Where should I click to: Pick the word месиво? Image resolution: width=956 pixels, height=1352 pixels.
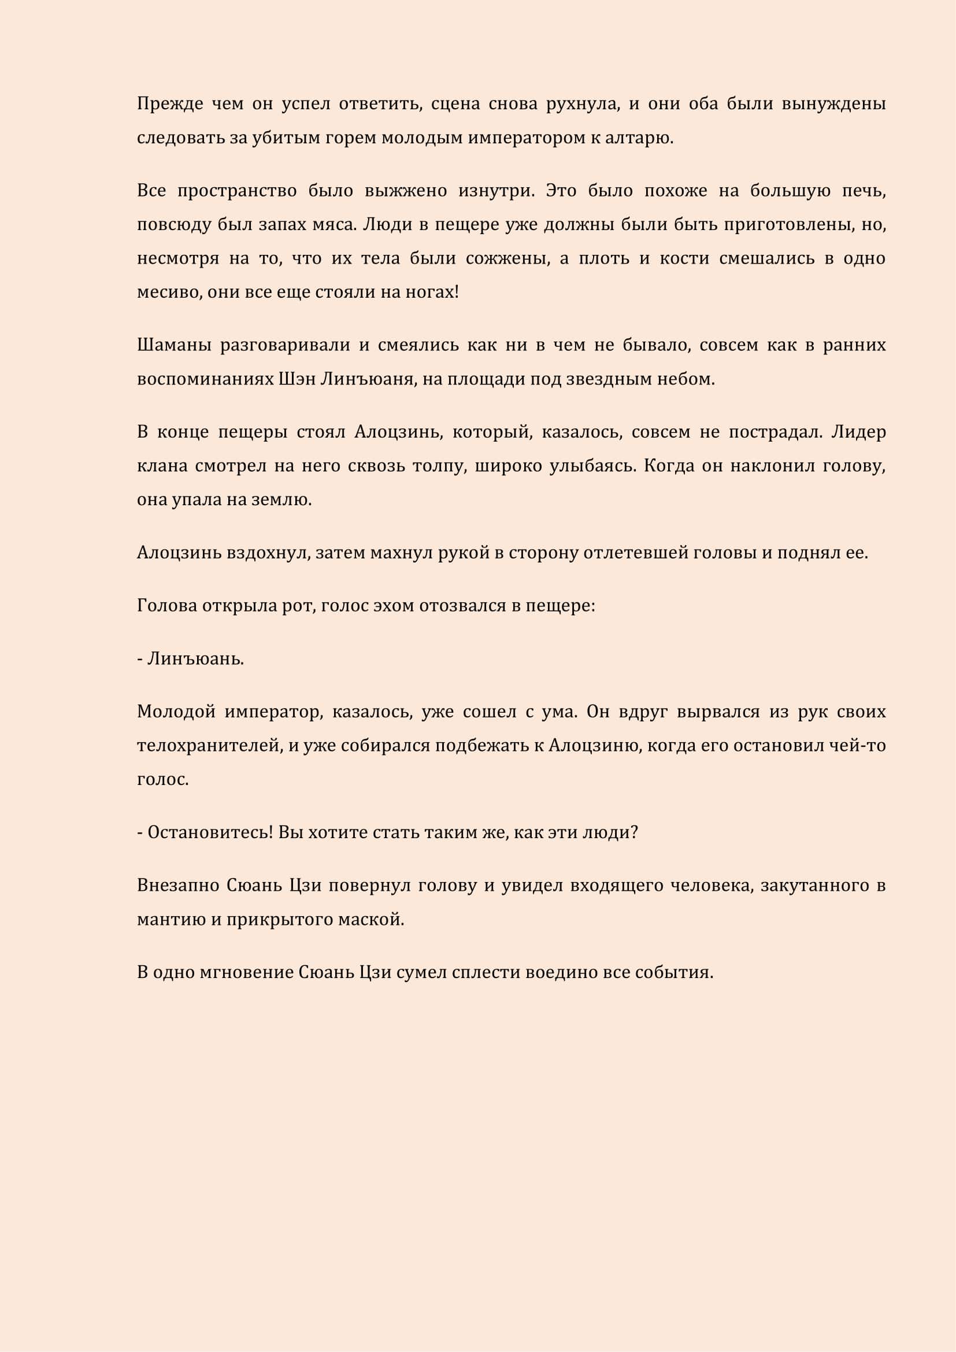[x=169, y=292]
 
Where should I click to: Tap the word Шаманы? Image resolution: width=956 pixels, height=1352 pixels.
[x=174, y=345]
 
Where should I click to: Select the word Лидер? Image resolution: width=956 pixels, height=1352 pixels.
[x=858, y=432]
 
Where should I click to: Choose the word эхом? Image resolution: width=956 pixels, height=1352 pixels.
[x=394, y=606]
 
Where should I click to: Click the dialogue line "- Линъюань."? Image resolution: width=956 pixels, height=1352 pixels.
[x=190, y=659]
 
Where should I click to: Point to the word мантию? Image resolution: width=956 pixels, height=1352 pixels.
[x=171, y=920]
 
